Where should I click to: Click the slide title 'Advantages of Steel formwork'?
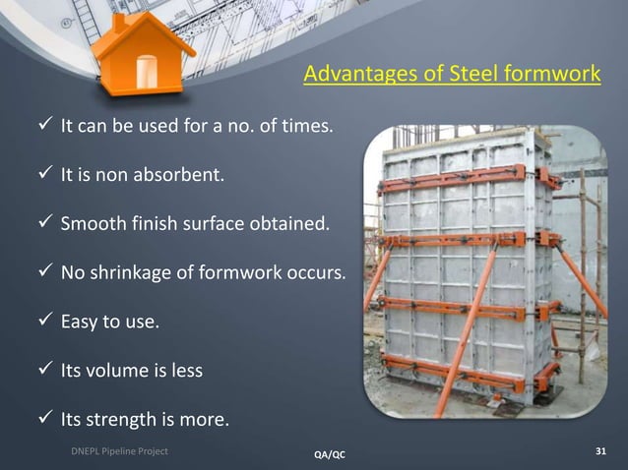click(x=451, y=76)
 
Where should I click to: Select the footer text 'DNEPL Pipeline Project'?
click(x=111, y=451)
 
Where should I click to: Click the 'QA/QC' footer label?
click(x=329, y=453)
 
